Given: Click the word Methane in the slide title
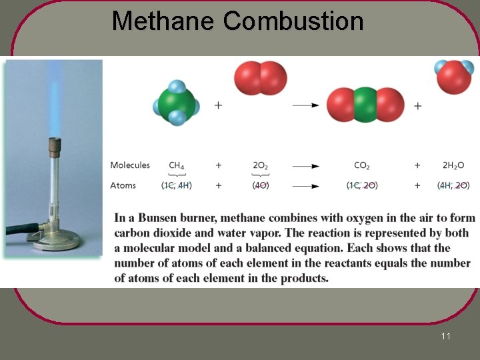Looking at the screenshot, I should point(164,21).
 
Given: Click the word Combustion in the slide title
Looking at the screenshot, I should point(293,21).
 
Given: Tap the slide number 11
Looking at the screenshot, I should point(445,336).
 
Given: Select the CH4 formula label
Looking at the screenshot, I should point(177,165).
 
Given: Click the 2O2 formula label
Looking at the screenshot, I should point(260,165).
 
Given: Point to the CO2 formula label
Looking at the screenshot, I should point(362,165).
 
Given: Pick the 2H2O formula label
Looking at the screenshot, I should point(453,165).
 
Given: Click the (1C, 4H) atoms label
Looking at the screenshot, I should point(177,185).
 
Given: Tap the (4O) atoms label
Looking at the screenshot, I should point(261,185).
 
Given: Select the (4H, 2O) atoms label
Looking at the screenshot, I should point(453,185).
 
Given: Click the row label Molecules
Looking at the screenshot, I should point(130,165).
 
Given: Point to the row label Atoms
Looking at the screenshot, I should point(123,185).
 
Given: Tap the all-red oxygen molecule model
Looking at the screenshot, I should point(260,78).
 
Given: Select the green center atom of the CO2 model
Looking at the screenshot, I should point(365,105).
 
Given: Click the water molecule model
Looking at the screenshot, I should point(454,77).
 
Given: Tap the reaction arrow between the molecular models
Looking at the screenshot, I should point(305,105).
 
